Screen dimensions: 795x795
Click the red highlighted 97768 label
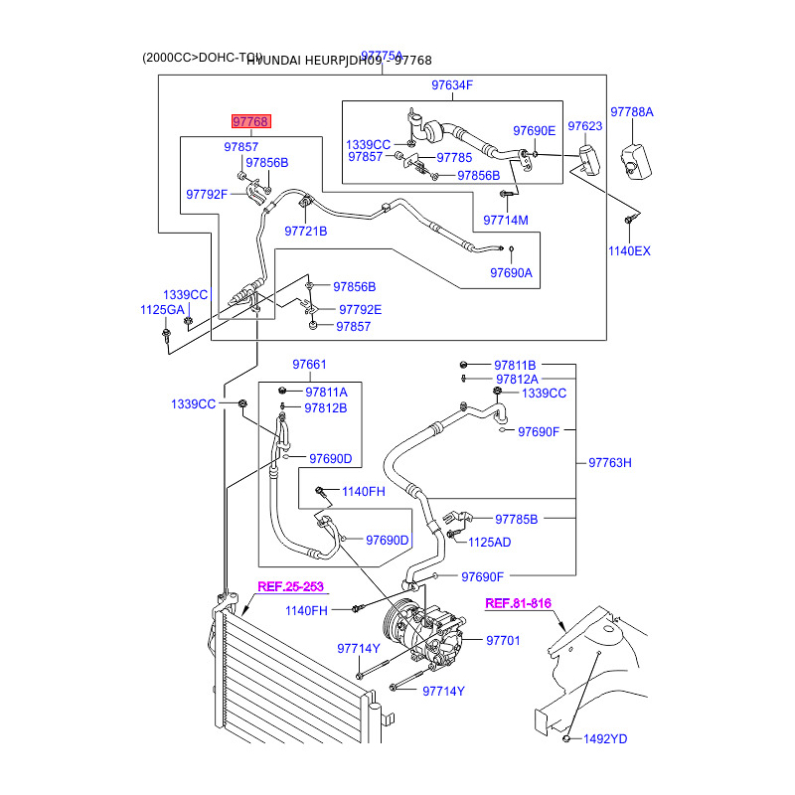250,121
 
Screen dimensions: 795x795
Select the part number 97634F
452,85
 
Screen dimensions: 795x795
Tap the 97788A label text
632,112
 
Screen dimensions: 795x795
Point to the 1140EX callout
629,251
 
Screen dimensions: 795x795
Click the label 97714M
506,220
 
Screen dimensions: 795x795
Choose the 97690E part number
534,131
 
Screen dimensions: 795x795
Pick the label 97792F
208,194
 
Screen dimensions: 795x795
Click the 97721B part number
306,232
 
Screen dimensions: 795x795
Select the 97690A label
511,273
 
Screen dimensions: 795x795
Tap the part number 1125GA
162,310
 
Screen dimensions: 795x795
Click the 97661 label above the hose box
309,365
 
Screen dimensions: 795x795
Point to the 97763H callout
610,462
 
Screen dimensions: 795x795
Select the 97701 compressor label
503,641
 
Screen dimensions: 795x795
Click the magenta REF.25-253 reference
291,586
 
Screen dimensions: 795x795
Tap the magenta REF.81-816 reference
518,603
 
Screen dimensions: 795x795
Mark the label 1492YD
605,739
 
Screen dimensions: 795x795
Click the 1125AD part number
490,542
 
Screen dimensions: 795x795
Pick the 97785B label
516,519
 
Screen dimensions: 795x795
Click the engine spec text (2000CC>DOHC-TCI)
202,59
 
